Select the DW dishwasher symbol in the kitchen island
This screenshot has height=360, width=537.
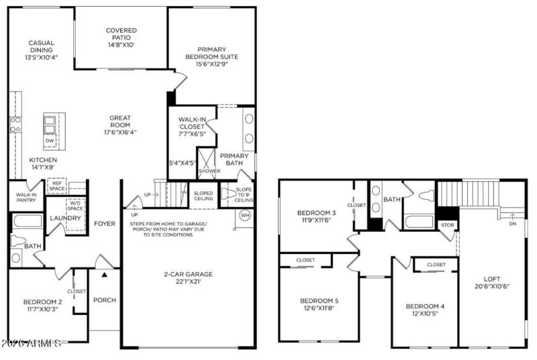(x=50, y=140)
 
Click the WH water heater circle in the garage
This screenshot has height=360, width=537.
(x=246, y=215)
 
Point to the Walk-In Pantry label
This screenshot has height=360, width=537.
(x=26, y=197)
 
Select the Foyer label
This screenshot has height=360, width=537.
(x=105, y=224)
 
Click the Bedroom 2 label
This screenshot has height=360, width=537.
(x=42, y=302)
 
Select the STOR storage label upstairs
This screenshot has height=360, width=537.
(x=447, y=225)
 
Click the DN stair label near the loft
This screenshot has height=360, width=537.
(x=513, y=224)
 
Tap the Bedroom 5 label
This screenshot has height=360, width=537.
(x=320, y=300)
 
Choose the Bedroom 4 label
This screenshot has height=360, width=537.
(x=425, y=306)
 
